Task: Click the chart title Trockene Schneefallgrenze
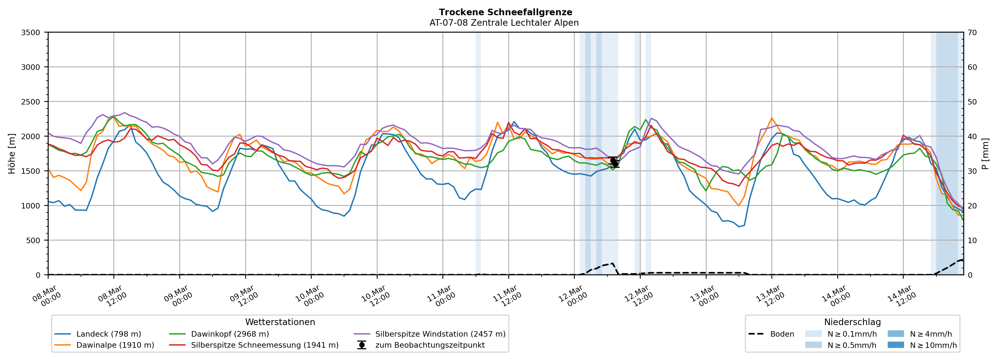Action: (x=505, y=12)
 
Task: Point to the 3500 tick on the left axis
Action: (x=31, y=33)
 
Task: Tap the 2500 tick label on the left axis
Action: (x=31, y=102)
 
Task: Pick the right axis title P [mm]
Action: (x=985, y=153)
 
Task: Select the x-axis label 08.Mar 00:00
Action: (x=47, y=296)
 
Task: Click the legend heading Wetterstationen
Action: (x=280, y=322)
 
